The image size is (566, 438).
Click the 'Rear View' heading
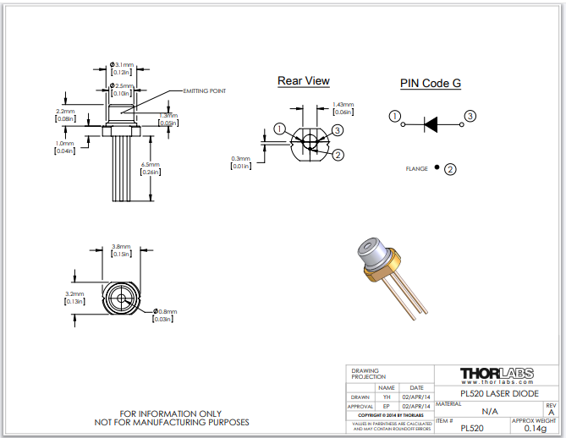[x=304, y=81]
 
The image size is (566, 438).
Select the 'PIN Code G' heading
[x=430, y=83]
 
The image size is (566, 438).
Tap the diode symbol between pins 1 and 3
[x=431, y=123]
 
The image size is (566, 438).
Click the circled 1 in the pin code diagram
[x=393, y=116]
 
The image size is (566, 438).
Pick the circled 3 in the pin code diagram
[x=470, y=116]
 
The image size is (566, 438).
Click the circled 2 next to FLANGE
[x=450, y=169]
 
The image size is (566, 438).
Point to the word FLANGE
[x=418, y=168]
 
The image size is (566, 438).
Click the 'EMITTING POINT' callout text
[x=204, y=90]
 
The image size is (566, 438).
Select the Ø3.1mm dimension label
[x=123, y=65]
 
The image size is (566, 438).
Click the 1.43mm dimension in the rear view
[x=343, y=104]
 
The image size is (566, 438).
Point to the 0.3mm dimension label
[x=240, y=158]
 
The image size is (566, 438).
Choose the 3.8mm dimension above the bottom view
[x=121, y=247]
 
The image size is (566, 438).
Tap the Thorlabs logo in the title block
[x=497, y=374]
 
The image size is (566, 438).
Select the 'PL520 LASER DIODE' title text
[x=497, y=394]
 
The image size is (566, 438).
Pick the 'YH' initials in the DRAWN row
[x=387, y=397]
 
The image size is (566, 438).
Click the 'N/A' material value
[x=489, y=411]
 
